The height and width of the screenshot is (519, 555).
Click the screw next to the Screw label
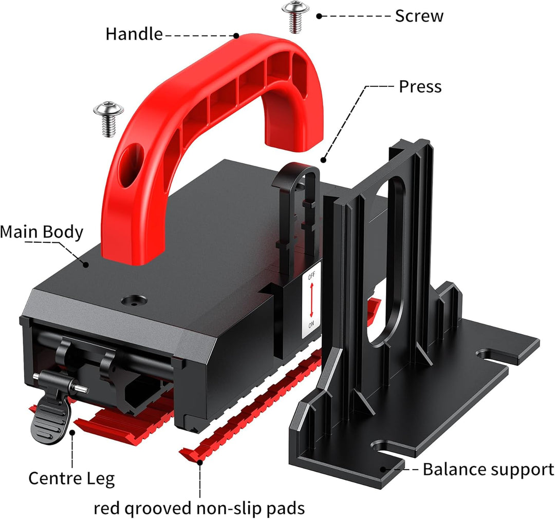pyautogui.click(x=295, y=16)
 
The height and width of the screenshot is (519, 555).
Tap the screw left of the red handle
pyautogui.click(x=108, y=119)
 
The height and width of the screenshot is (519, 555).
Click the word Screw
pyautogui.click(x=419, y=16)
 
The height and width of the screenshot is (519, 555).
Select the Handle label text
pyautogui.click(x=134, y=34)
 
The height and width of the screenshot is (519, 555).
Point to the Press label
pyautogui.click(x=420, y=87)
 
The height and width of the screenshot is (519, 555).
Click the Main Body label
pyautogui.click(x=42, y=232)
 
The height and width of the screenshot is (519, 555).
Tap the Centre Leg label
pyautogui.click(x=71, y=478)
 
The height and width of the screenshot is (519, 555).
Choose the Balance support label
pyautogui.click(x=488, y=470)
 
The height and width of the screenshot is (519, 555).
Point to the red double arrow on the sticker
pyautogui.click(x=311, y=300)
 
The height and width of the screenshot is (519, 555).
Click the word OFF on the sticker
pyautogui.click(x=311, y=276)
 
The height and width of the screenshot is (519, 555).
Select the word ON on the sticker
pyautogui.click(x=311, y=324)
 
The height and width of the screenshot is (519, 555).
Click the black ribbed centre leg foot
pyautogui.click(x=49, y=418)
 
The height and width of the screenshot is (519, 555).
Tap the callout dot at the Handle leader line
pyautogui.click(x=236, y=35)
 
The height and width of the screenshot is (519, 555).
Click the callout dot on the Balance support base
pyautogui.click(x=382, y=470)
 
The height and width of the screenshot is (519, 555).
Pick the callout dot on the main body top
pyautogui.click(x=86, y=264)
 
